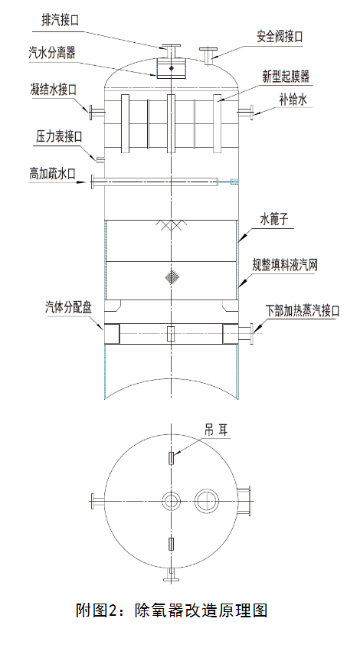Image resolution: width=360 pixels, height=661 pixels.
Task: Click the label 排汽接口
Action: coord(60,20)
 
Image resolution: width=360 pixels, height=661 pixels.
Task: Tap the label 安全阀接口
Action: coord(280,37)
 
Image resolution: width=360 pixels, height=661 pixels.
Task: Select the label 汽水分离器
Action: coord(52,53)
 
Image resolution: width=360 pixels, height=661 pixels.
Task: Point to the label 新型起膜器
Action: coord(286,77)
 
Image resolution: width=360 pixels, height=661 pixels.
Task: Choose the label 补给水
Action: coord(293,100)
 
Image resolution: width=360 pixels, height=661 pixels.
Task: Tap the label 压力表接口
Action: coord(59,136)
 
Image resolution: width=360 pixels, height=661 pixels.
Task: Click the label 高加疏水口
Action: coord(53,173)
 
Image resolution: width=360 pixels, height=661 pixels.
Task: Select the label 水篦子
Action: coord(274,219)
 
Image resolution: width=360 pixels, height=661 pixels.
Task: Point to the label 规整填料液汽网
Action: coord(284,265)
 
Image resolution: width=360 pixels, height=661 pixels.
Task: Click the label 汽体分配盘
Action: coord(68,307)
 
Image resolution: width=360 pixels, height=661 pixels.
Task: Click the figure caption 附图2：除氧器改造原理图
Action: coord(172,610)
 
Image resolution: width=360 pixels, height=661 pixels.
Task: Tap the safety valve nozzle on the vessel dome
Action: coord(208,56)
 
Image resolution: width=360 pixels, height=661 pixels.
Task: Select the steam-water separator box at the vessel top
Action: coord(171,68)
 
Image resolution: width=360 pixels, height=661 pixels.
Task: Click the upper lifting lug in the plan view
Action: coord(171,457)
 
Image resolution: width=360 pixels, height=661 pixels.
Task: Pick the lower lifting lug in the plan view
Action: coord(171,544)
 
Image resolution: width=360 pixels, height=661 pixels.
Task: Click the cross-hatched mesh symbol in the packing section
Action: coord(172,277)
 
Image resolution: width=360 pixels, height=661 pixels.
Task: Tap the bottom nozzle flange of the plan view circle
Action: coord(171,575)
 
